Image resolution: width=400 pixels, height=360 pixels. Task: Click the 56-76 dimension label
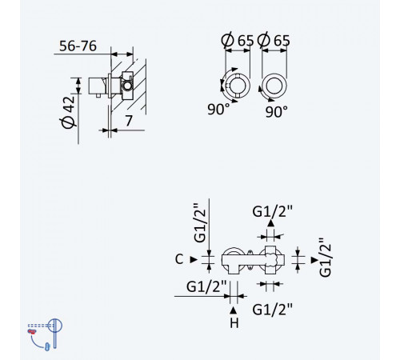pos(78,46)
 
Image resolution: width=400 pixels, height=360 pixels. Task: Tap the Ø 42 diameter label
pos(68,112)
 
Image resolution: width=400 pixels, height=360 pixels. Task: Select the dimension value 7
pos(129,121)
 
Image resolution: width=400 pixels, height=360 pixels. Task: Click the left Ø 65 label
pos(237,40)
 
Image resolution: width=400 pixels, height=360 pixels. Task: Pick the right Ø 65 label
pos(274,40)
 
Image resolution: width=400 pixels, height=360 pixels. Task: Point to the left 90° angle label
pos(218,109)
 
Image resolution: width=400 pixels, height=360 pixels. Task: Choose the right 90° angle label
pos(277,112)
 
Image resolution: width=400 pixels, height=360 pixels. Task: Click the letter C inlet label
pos(179,259)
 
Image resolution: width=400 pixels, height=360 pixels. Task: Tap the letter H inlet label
pos(234,323)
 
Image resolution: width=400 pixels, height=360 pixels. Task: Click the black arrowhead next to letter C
pos(194,259)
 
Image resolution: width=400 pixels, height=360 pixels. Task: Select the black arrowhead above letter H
pos(234,310)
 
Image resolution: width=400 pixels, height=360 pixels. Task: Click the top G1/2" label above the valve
pos(272,212)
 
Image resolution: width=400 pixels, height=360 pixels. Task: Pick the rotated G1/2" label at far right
pos(325,258)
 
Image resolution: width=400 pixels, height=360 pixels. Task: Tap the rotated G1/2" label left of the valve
pos(200,223)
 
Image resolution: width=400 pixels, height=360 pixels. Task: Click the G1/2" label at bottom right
pos(272,310)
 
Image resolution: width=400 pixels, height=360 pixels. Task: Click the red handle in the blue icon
pos(32,331)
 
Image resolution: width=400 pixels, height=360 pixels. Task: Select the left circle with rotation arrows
pos(237,86)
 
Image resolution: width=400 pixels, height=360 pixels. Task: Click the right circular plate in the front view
pos(274,86)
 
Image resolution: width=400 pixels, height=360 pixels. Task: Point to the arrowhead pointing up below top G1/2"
pos(271,223)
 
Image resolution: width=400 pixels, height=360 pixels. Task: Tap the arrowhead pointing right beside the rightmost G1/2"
pos(314,260)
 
